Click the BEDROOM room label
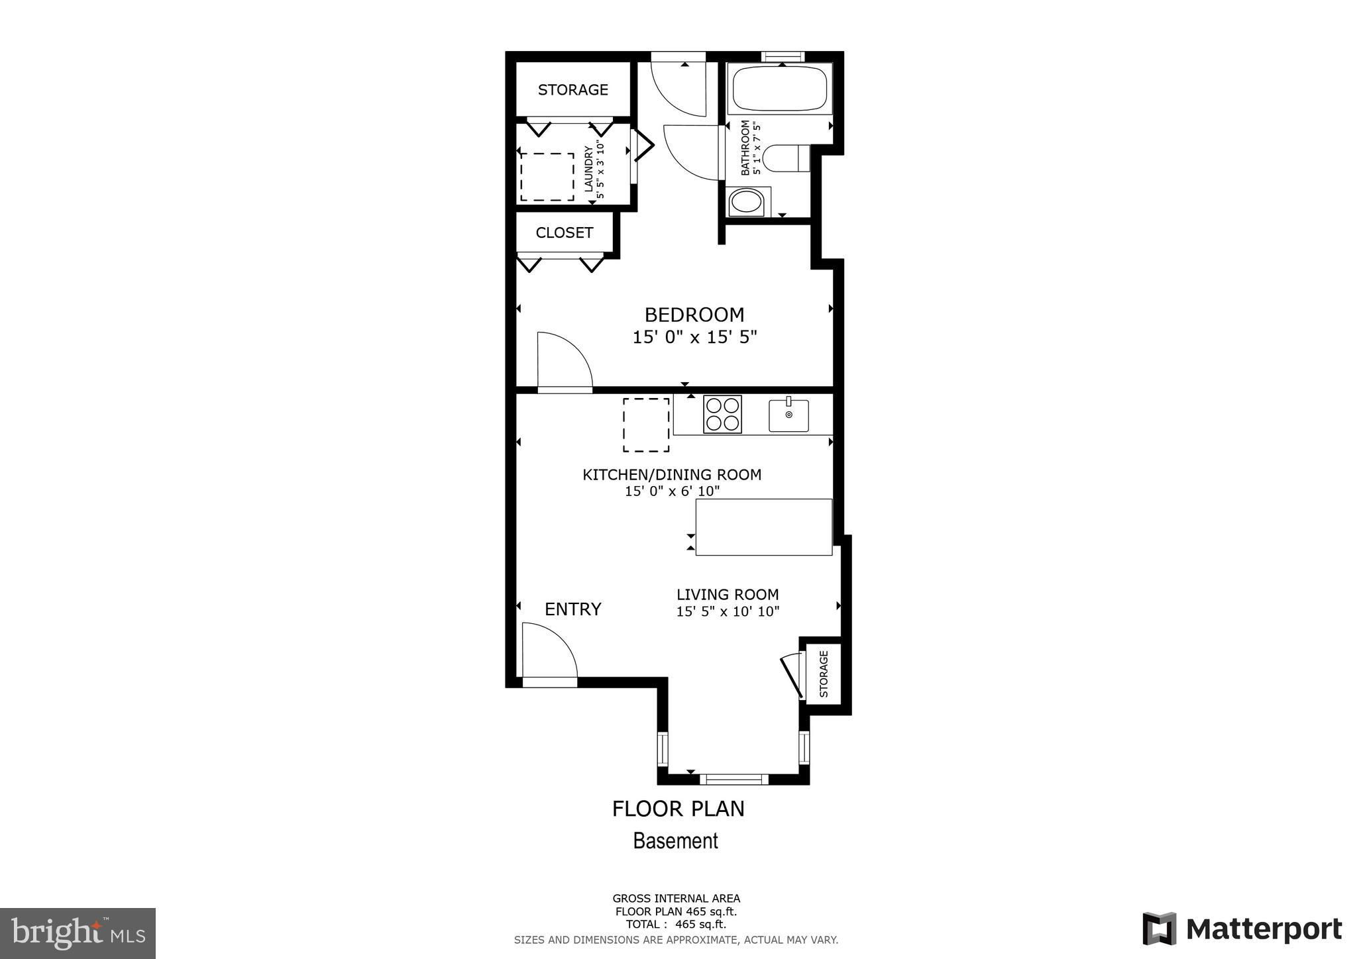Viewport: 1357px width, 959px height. point(694,315)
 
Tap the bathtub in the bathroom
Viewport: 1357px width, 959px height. point(779,89)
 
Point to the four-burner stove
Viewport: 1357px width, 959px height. point(722,414)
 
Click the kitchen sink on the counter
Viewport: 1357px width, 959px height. point(788,415)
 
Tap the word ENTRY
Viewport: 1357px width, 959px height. point(573,609)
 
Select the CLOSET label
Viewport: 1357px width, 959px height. point(565,232)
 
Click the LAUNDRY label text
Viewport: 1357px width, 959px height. point(588,169)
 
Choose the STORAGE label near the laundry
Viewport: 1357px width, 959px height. point(573,89)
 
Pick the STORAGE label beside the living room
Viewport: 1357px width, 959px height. point(824,674)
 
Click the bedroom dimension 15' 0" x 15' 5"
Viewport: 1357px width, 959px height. point(694,337)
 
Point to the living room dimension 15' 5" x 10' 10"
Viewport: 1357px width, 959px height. point(728,611)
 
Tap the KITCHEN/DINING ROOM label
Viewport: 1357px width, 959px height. point(672,474)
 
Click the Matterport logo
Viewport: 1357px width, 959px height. point(1242,929)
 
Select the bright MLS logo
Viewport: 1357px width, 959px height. point(78,934)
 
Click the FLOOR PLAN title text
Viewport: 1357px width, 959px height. point(678,809)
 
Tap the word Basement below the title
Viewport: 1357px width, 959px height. point(676,841)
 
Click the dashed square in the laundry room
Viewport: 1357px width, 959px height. point(547,177)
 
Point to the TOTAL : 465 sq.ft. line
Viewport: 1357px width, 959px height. point(676,924)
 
